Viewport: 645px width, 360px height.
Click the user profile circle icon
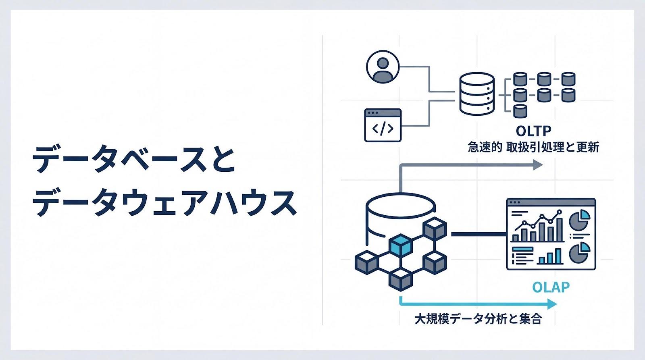(x=383, y=67)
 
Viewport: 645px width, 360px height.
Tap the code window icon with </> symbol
(x=383, y=125)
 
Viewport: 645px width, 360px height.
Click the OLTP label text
(x=533, y=131)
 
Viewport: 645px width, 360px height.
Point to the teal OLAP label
(x=551, y=287)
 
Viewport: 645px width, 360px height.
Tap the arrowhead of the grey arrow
(x=538, y=164)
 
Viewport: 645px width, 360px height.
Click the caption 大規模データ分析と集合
(x=478, y=319)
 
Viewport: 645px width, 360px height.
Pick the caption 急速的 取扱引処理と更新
(x=533, y=147)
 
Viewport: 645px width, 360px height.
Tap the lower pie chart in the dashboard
(x=579, y=253)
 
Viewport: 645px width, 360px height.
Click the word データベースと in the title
(x=133, y=160)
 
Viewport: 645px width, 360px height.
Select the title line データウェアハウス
(x=164, y=203)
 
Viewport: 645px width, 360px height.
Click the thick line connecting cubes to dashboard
(x=478, y=234)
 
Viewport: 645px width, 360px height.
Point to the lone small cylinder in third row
(x=520, y=110)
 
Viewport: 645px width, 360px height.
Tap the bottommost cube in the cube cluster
(x=401, y=279)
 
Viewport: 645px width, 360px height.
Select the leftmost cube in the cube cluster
(x=366, y=262)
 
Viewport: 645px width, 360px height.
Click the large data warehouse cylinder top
(x=401, y=204)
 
